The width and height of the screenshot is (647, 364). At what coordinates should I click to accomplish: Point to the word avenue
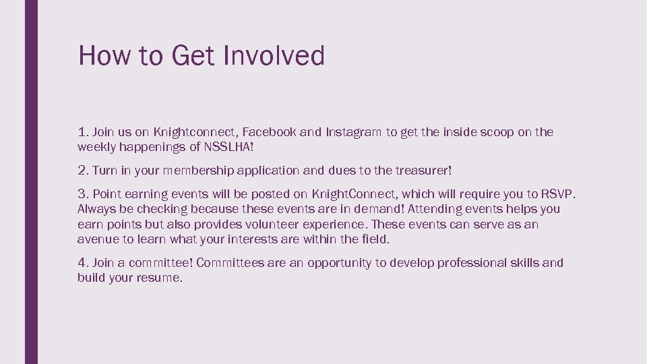tap(97, 239)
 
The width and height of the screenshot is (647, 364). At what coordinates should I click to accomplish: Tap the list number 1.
tap(83, 132)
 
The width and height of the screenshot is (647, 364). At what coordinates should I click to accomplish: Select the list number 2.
tap(83, 171)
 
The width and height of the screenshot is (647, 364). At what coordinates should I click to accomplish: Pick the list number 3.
tap(83, 195)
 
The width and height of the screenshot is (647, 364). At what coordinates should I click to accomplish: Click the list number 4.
tap(83, 263)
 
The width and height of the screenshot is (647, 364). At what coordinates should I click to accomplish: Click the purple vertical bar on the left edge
tap(31, 182)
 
